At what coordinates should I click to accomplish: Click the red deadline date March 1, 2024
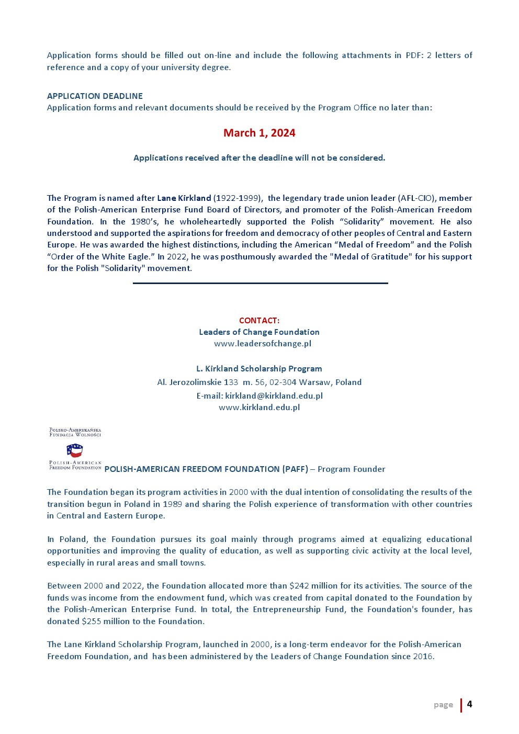click(259, 133)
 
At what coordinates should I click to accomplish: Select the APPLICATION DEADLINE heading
click(95, 96)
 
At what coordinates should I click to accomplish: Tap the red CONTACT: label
click(259, 320)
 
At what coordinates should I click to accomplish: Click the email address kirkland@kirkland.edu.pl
click(274, 396)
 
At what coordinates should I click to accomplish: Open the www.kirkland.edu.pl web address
click(259, 408)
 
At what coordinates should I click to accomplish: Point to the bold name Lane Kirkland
click(184, 198)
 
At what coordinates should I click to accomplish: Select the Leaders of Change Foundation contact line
click(259, 332)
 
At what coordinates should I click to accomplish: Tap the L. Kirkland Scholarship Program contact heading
click(259, 369)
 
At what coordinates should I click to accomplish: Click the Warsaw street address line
click(259, 382)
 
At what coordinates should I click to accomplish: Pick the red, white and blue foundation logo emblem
click(74, 450)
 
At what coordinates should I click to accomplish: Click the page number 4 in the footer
click(469, 704)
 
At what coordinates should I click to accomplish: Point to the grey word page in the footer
click(443, 705)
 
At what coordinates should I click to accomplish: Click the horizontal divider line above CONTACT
click(260, 283)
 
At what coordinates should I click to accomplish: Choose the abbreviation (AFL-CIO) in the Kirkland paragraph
click(416, 198)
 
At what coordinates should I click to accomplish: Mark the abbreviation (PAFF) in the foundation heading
click(295, 469)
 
